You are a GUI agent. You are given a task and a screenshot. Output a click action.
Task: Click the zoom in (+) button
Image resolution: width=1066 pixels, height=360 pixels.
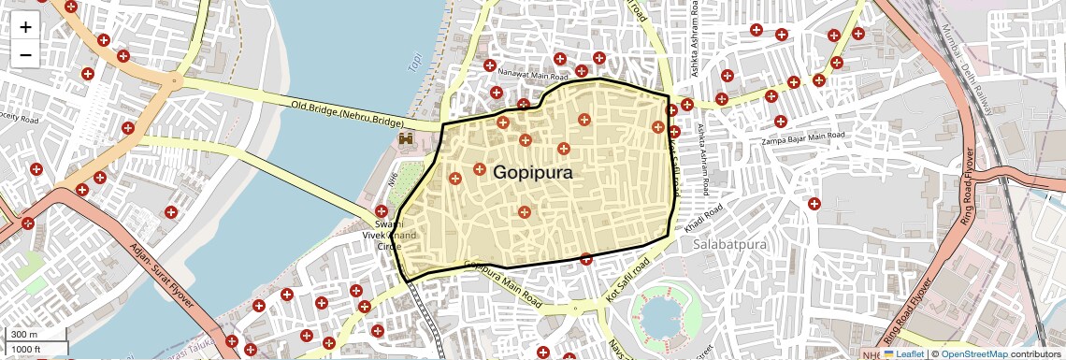pos(25,27)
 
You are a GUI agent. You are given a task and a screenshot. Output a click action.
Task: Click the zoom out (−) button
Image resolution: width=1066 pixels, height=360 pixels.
pos(25,54)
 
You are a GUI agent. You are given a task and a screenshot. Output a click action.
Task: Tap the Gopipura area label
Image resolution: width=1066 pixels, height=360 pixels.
pos(532,173)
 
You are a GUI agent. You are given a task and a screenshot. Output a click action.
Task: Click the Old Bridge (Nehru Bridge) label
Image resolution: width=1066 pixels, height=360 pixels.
pos(347,114)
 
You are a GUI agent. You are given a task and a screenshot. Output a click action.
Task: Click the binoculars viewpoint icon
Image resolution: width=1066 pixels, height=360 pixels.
pos(407,139)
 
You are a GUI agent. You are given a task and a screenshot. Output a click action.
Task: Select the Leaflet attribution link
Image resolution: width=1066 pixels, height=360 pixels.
pos(903,353)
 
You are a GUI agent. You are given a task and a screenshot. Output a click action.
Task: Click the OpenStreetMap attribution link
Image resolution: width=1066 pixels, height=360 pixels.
pos(973,353)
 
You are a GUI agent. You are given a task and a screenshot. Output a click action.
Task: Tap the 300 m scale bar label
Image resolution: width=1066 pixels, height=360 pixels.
pos(24,334)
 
